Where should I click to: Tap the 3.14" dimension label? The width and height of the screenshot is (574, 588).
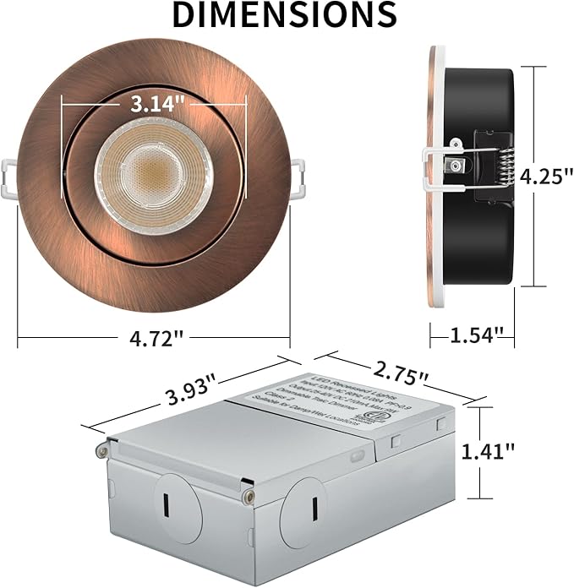coord(157,104)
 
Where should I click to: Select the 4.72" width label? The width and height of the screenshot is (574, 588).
coord(154,339)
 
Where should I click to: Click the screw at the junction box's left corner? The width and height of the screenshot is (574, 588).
coord(102,450)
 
